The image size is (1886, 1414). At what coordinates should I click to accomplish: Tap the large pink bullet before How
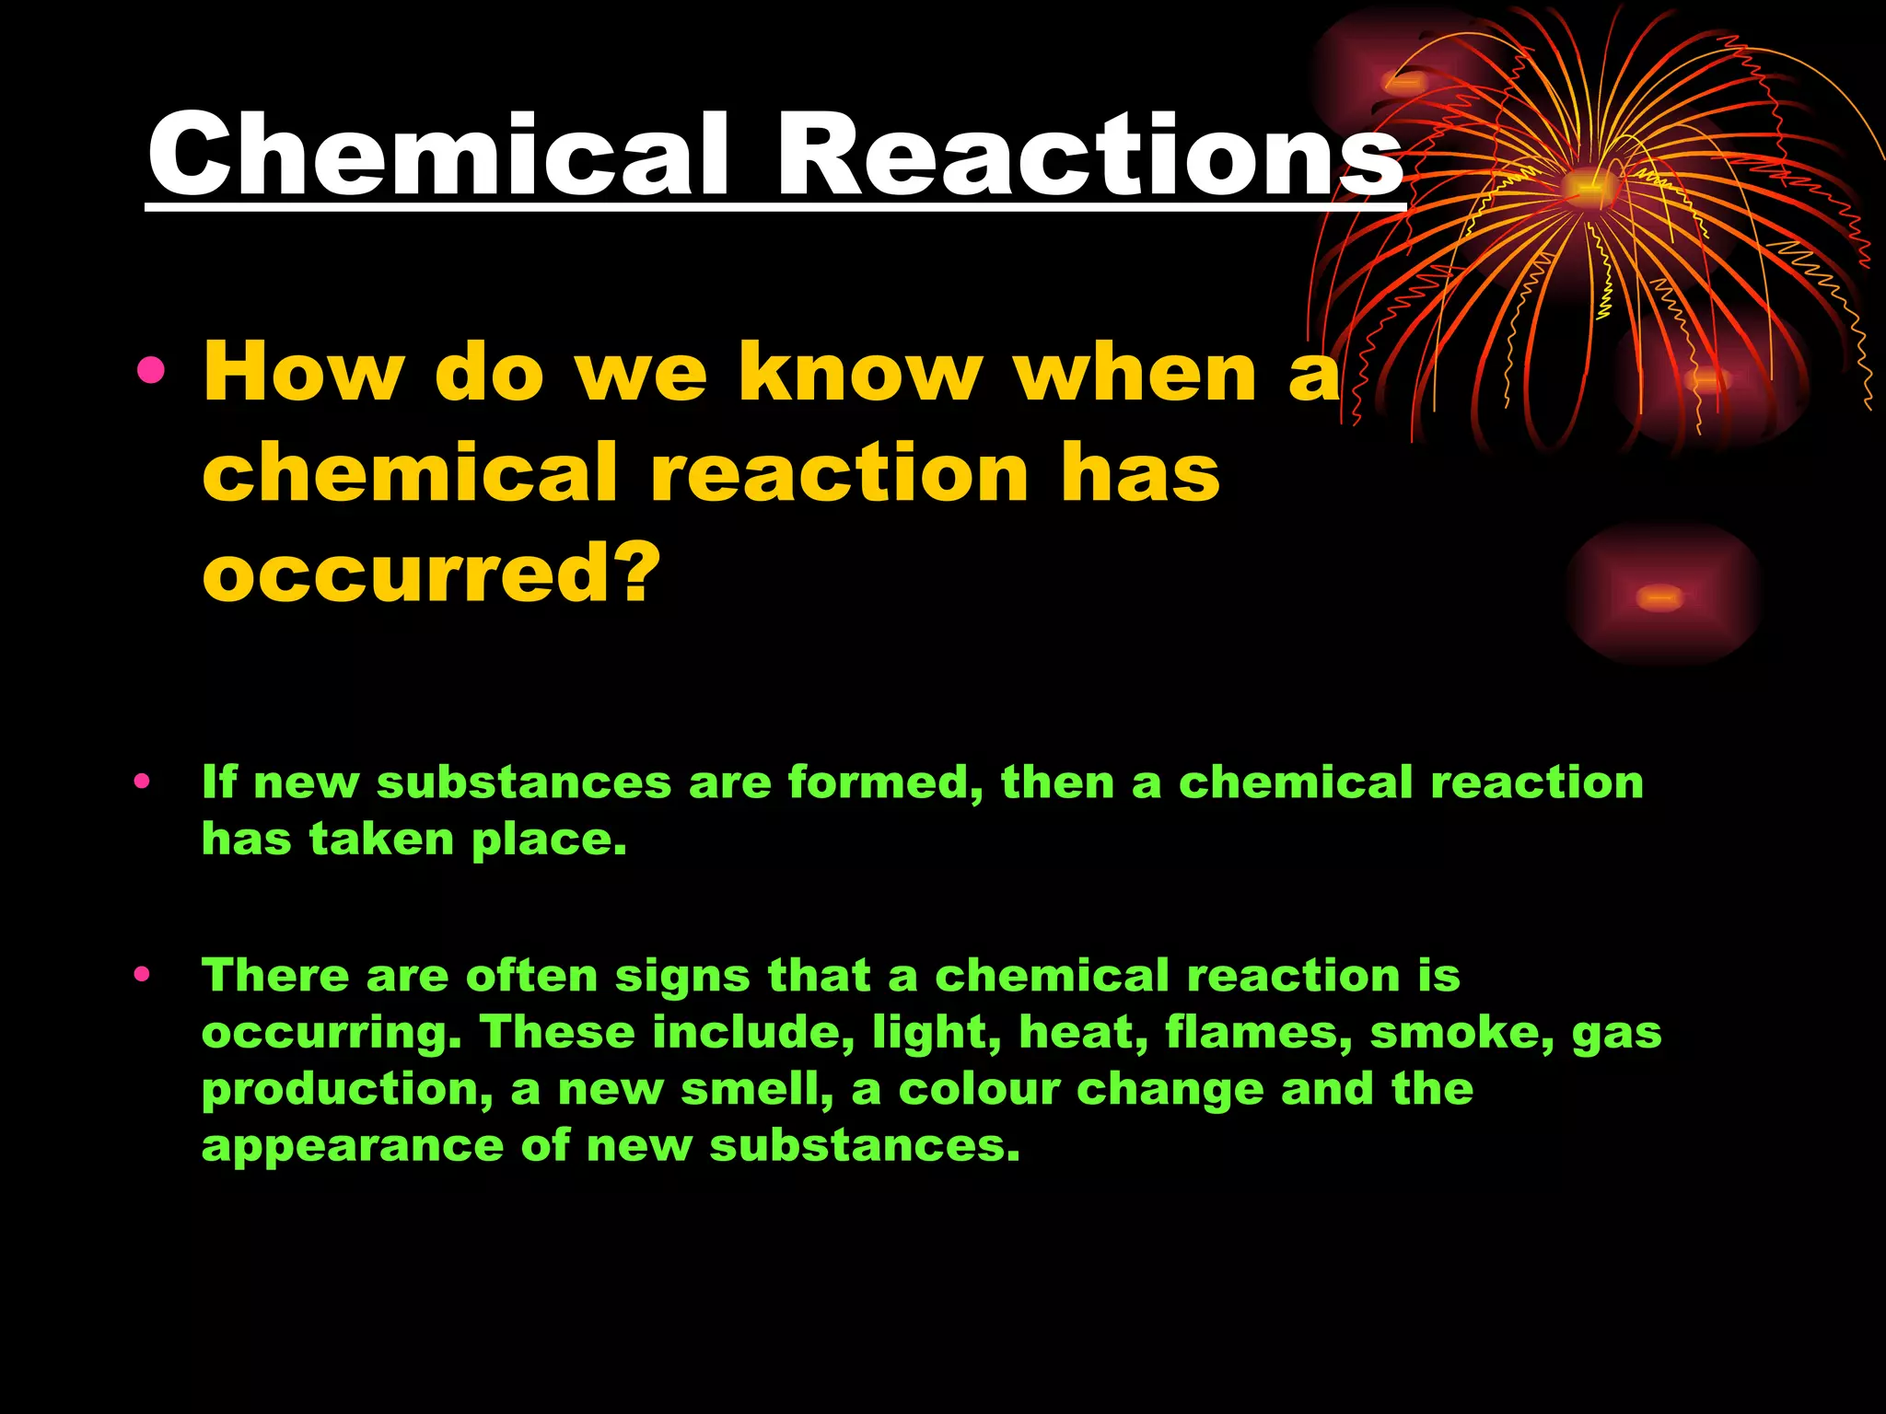150,371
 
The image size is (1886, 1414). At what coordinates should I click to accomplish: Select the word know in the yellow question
860,372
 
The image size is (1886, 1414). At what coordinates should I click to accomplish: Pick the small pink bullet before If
141,782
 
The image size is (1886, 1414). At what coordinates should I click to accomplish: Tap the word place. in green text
550,840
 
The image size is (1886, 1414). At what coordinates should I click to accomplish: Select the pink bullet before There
141,974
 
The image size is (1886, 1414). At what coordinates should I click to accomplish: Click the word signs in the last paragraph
682,976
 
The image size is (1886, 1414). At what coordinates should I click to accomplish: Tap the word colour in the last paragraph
979,1089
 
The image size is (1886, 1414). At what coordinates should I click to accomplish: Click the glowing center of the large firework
1588,187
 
